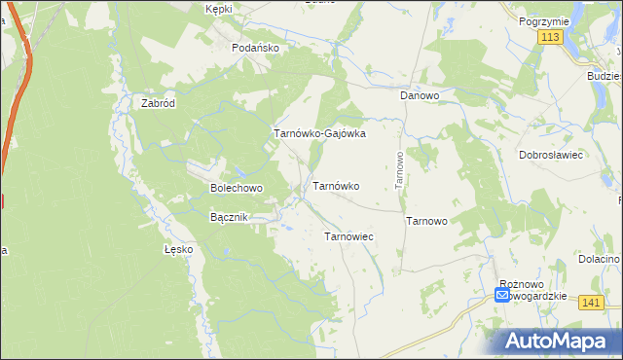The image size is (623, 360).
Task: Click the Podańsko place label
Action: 256,47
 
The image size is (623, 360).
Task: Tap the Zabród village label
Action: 158,104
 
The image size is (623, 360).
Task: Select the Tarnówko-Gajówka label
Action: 319,134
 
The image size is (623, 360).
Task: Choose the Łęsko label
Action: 179,249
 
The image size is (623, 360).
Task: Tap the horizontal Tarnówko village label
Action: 336,186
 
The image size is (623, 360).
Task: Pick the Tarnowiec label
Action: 348,236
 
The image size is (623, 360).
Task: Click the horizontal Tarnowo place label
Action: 426,221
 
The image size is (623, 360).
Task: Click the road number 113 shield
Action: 550,36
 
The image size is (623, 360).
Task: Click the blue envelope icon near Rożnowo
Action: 502,295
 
